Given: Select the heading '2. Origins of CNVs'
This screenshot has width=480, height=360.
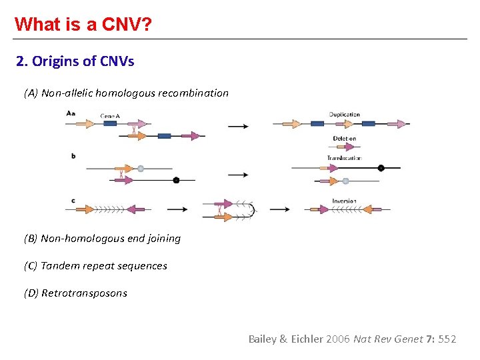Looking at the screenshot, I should (x=75, y=62).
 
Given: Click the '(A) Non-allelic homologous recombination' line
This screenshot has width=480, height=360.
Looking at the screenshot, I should (x=126, y=93).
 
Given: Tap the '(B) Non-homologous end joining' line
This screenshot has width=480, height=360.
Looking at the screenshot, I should (x=102, y=239).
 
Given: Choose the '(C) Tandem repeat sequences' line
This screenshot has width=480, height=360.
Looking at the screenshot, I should (x=95, y=266).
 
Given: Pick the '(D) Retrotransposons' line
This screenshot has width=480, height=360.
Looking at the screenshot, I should (x=75, y=293).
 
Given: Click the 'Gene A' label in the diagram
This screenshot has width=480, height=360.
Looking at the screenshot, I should (x=110, y=115).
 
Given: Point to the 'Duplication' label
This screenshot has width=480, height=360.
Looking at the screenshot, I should (x=345, y=115).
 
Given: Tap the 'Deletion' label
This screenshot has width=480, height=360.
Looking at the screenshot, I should (x=345, y=139).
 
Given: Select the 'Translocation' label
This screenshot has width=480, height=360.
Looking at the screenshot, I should (x=344, y=158).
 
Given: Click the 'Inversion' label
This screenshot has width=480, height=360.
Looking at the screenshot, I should (x=344, y=201).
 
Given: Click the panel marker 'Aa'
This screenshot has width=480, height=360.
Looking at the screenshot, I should (x=71, y=114).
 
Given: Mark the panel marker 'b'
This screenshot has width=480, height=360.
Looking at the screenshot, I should (x=73, y=157).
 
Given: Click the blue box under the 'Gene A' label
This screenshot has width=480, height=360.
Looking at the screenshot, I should (x=110, y=123).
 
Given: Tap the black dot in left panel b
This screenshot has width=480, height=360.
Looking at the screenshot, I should (x=176, y=180).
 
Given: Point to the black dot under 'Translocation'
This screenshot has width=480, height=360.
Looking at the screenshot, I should (x=381, y=168).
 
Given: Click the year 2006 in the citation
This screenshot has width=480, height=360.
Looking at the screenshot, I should (x=338, y=339).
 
